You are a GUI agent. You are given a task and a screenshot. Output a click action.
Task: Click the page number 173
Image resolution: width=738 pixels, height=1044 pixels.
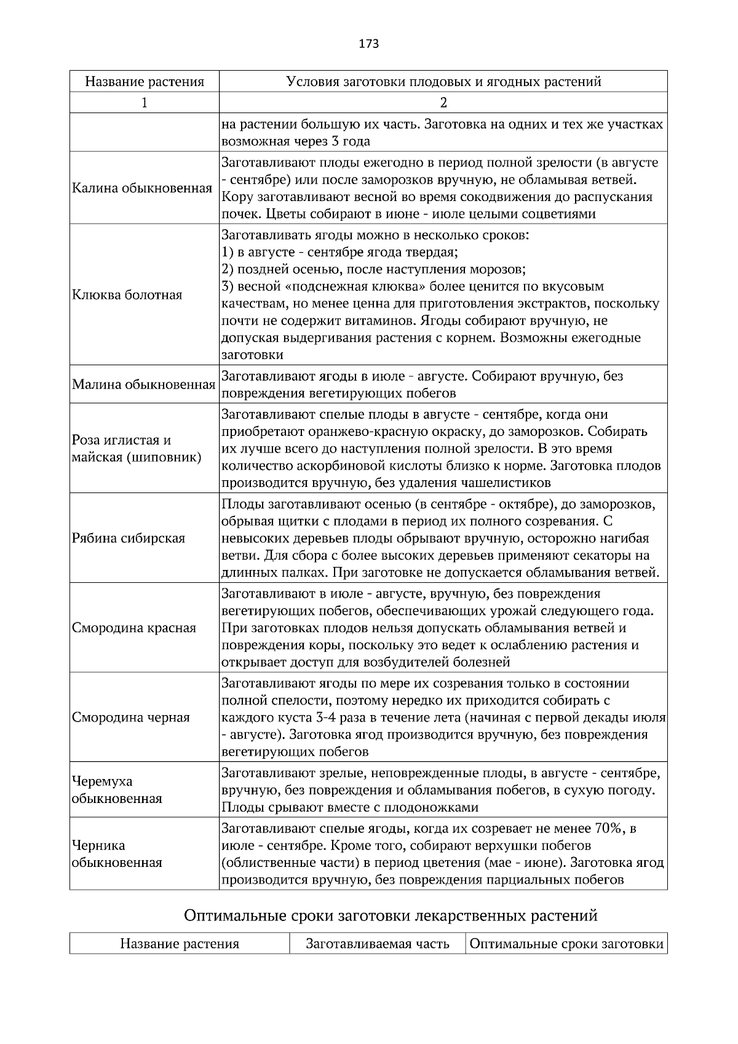point(368,44)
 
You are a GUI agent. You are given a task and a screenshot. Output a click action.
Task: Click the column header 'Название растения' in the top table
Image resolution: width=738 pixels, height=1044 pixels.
point(145,81)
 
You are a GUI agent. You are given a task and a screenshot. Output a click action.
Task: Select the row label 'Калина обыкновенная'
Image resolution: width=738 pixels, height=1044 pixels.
point(142,188)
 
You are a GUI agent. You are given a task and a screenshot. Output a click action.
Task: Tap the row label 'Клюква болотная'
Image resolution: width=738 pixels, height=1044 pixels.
point(127,295)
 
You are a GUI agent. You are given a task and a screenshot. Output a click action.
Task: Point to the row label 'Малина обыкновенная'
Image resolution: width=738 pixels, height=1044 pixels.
point(143,385)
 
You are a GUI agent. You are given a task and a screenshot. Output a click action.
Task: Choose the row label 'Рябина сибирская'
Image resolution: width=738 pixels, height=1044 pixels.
point(129,538)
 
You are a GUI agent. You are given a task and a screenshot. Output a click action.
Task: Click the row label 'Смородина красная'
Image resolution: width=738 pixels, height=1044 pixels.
point(134,628)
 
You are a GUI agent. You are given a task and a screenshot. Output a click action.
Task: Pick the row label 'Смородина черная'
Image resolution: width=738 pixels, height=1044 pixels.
point(131,718)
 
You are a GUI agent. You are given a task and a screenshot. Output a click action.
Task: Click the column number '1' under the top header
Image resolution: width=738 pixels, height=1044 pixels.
point(145,103)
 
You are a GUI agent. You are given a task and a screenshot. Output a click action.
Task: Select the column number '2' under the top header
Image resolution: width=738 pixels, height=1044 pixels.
point(443,103)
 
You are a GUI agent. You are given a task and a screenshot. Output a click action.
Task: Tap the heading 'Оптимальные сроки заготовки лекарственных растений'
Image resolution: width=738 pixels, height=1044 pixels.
point(391,915)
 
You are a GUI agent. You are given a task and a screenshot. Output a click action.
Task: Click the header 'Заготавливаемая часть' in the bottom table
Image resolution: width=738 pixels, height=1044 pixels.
point(378,944)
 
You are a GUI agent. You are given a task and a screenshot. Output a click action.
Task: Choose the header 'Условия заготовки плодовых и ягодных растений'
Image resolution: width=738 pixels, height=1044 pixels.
point(443,81)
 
